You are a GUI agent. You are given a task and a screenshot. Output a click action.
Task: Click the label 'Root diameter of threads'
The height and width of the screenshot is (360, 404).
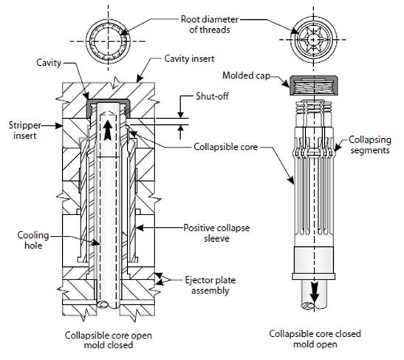(205, 24)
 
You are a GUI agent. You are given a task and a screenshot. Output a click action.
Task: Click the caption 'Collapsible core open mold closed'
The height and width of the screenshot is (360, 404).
(107, 339)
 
